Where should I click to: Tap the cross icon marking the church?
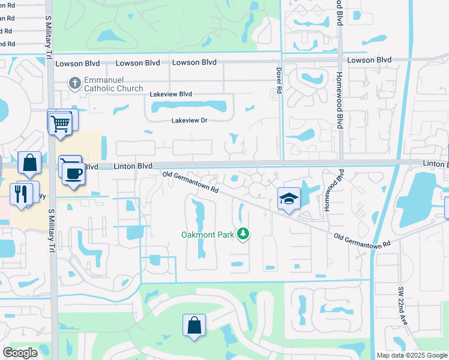tap(75, 82)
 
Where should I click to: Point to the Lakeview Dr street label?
tap(189, 121)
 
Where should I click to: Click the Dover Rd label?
tap(279, 80)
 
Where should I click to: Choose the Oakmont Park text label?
tap(208, 235)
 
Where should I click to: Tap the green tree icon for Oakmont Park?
tap(243, 233)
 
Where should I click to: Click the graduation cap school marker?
tap(289, 199)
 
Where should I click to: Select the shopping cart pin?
tap(60, 124)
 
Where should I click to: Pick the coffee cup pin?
tap(74, 174)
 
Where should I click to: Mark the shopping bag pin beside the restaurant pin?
tap(29, 163)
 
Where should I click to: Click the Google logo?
tap(20, 353)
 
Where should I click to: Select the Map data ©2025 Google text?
tap(411, 355)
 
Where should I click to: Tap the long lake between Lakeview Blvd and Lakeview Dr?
tap(188, 107)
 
